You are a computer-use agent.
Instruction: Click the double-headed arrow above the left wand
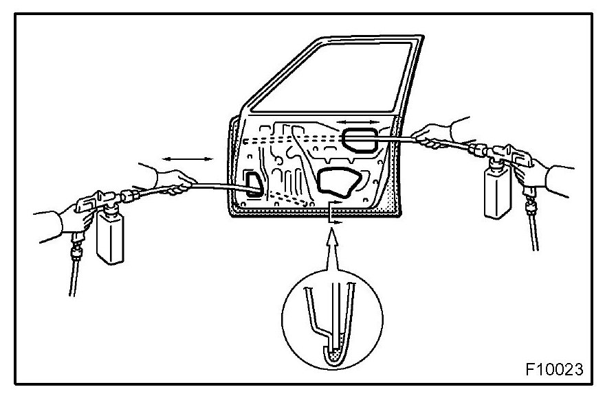188,159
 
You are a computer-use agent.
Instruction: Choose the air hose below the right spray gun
533,226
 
